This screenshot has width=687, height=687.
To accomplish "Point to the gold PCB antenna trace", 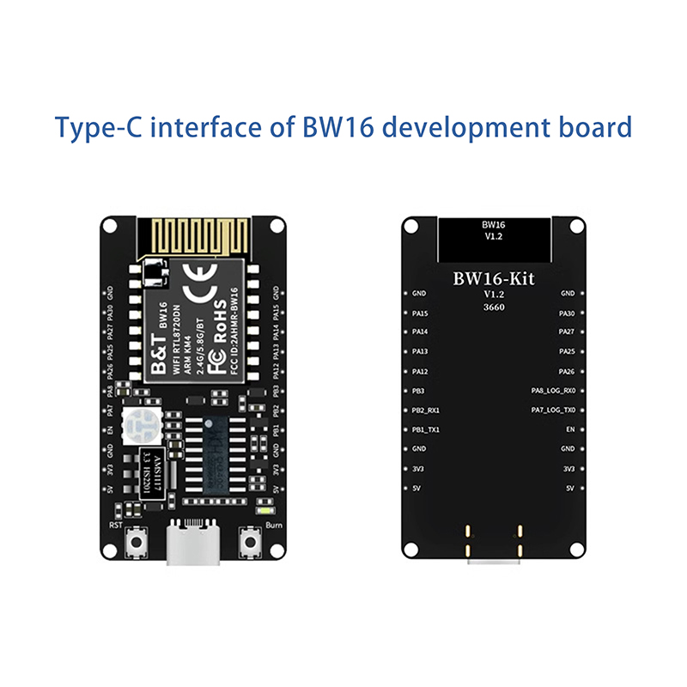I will point(194,234).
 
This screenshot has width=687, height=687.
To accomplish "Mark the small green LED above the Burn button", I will point(260,511).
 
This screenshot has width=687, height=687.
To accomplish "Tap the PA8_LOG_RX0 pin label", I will point(552,390).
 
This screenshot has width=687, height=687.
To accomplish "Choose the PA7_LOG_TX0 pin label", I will point(552,410).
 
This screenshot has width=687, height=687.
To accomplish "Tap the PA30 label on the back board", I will point(567,313).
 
